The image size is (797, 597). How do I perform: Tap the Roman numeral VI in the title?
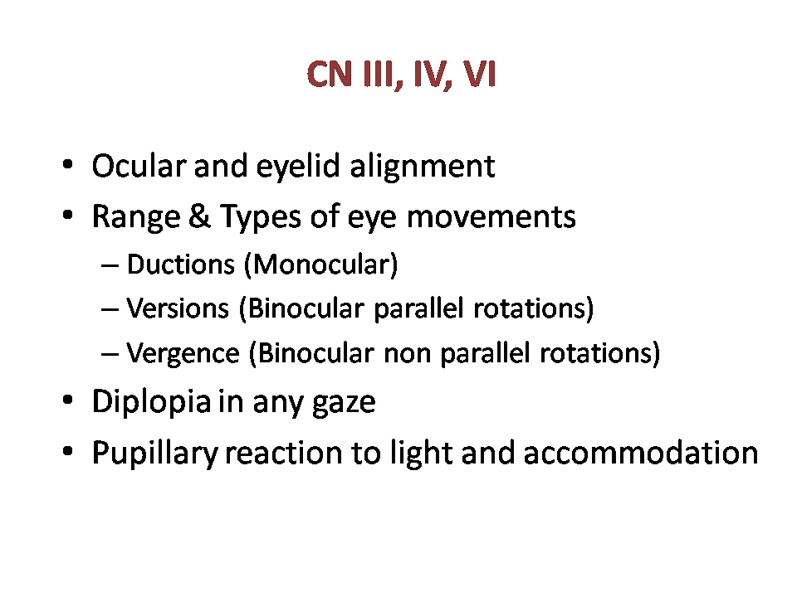479,74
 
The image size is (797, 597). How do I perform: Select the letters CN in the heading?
330,74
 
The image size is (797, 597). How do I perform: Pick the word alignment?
423,167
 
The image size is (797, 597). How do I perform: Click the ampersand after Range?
199,216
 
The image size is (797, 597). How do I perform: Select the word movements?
491,217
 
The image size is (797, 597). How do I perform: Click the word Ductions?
181,265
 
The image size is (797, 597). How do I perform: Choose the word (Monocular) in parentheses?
320,265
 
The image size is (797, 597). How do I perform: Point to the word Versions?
178,308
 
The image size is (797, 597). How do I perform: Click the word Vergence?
183,354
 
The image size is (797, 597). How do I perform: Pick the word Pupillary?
155,453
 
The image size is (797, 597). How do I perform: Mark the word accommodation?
640,453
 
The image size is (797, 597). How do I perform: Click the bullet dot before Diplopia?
67,400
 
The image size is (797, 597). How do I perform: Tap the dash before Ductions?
110,265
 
